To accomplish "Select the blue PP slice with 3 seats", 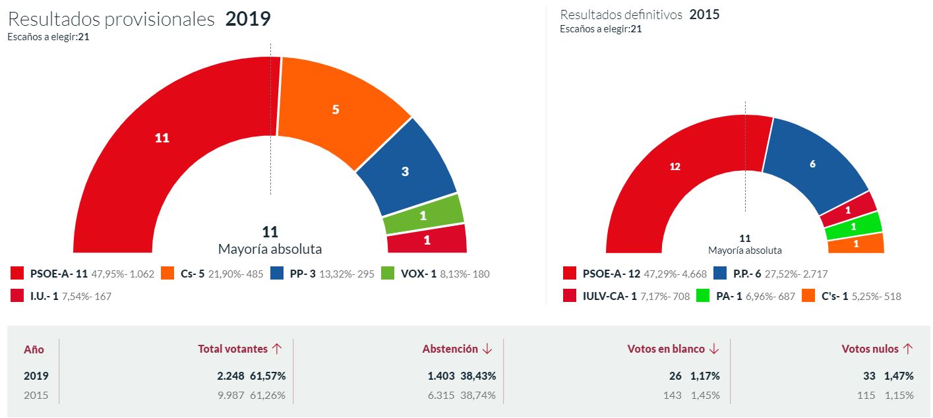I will coord(406,171).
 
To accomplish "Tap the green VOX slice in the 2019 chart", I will coord(423,216).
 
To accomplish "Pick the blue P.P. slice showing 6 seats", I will coord(812,164).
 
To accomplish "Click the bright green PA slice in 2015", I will coord(855,226).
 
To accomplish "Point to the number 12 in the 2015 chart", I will coord(675,167).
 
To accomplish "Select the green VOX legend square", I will coord(388,274).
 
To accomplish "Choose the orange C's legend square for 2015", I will coord(808,296).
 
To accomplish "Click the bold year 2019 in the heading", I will coord(248,19).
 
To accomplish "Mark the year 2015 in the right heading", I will coord(704,15).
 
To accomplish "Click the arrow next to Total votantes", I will coord(277,349).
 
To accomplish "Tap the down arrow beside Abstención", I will coord(487,349).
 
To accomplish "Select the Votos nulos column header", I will coord(870,349).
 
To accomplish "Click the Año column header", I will coord(34,349).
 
